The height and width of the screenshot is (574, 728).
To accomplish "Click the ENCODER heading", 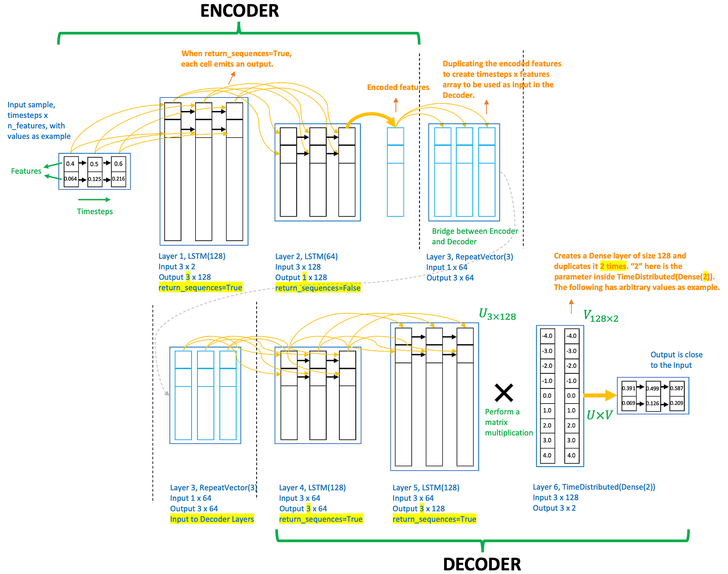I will coord(239,11).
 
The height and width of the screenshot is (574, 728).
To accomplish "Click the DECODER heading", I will coord(482,564).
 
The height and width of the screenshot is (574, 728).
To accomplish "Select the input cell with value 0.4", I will coord(71,164).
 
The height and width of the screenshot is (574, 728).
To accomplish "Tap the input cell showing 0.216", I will coord(119,179).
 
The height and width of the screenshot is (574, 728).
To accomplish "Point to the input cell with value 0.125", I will coord(95,179).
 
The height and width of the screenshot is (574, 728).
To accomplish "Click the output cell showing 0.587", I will coord(677,388).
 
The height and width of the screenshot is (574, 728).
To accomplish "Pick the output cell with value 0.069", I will coord(628,403).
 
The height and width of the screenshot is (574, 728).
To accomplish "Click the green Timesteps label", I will coord(95,211).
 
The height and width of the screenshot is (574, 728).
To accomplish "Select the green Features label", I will coord(26,171).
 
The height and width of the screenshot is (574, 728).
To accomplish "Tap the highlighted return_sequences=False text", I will coord(318,288).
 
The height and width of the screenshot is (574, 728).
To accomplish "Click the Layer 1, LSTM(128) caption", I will coord(192,256).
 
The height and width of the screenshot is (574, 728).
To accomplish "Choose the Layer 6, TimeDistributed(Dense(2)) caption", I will coord(594,487).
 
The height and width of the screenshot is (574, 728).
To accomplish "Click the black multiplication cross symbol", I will coord(504,393).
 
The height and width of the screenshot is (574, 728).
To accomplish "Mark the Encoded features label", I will coord(398,87).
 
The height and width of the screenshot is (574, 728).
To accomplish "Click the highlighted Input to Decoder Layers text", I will coord(212,519).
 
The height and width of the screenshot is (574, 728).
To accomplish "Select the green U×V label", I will coord(599,415).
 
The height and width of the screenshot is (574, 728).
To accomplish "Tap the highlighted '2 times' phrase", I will coord(613,267).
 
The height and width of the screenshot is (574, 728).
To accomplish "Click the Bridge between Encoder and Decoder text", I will coord(475,237).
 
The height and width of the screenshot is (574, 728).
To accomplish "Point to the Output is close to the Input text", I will coord(676,360).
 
